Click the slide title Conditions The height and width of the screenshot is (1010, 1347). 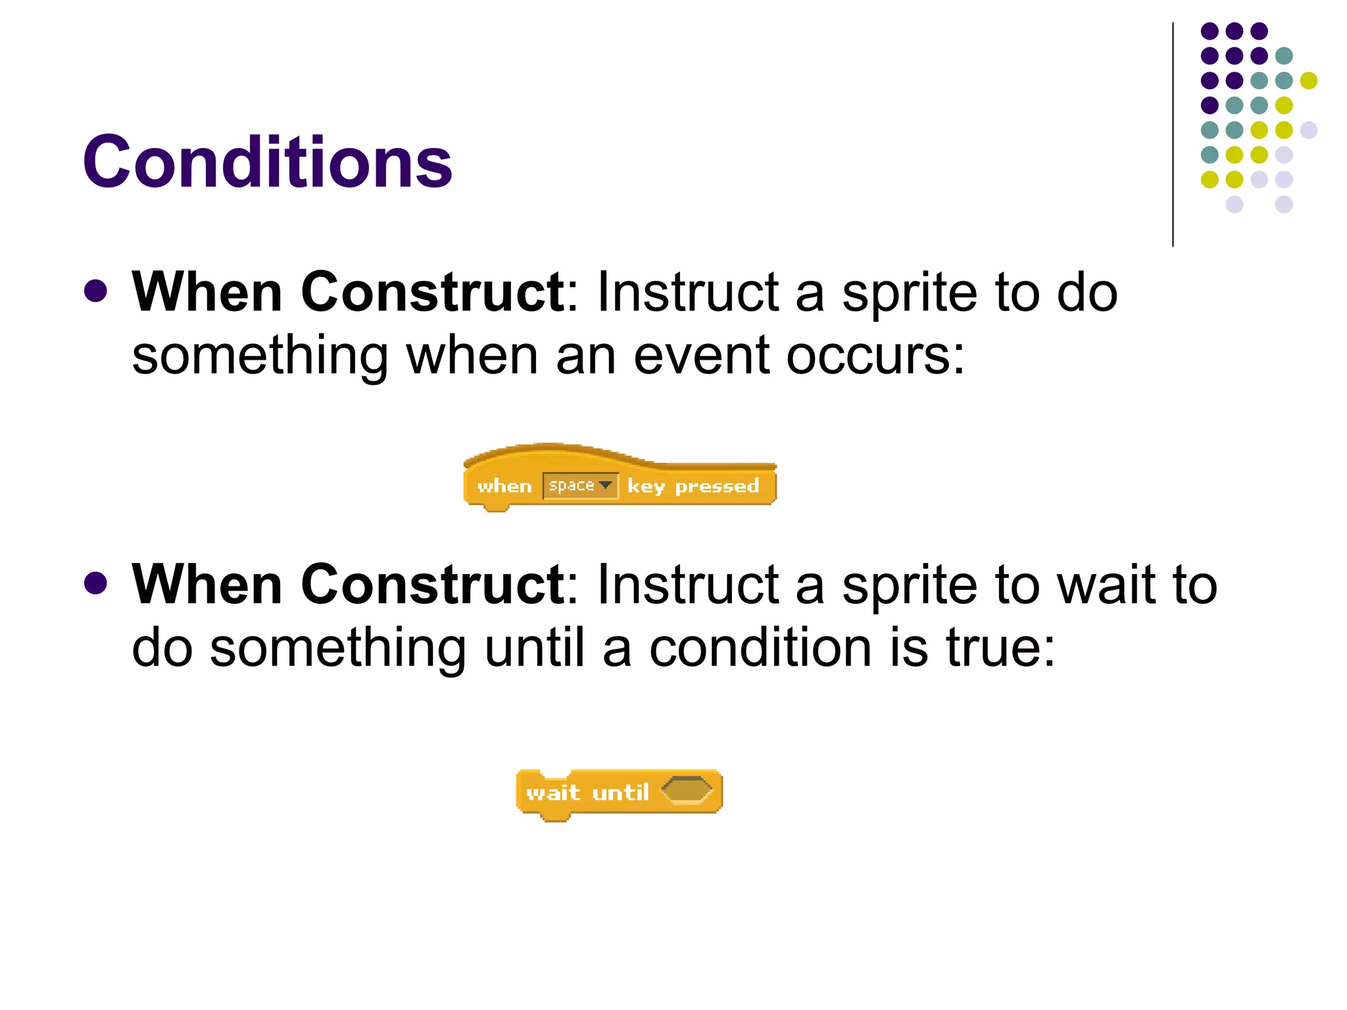click(267, 162)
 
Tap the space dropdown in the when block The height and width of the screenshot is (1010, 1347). click(580, 486)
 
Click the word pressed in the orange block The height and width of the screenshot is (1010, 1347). click(717, 487)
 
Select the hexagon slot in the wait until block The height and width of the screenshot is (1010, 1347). click(686, 790)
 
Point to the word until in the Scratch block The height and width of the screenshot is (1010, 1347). click(620, 792)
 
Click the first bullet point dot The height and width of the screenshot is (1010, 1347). click(96, 291)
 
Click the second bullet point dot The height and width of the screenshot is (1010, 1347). click(96, 583)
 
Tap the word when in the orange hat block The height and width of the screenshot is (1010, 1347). click(504, 487)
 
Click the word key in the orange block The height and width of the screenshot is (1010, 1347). click(646, 487)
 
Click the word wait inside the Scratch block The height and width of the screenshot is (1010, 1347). click(552, 792)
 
